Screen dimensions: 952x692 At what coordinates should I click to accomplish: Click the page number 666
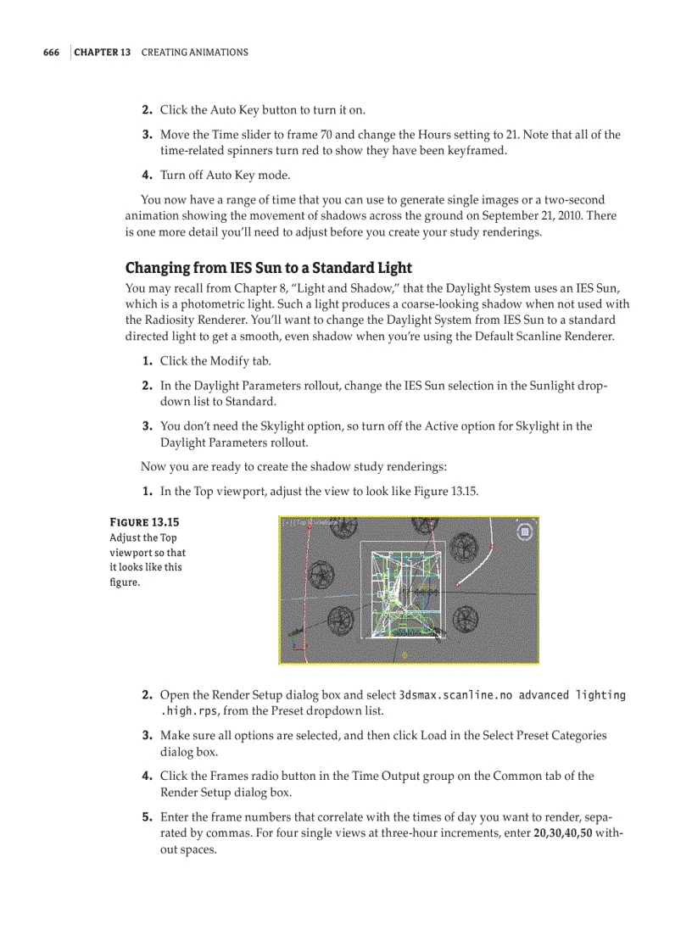click(x=51, y=53)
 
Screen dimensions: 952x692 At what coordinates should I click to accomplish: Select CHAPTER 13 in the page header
click(x=102, y=53)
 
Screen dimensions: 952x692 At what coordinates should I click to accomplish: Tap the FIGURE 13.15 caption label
click(x=144, y=522)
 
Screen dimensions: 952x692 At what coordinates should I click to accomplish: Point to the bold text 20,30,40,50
click(x=562, y=833)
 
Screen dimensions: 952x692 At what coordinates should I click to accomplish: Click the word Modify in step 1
click(x=230, y=361)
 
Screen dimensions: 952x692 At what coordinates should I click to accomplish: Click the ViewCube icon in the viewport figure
click(x=525, y=532)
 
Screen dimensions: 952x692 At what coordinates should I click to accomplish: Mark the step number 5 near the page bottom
click(x=147, y=818)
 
